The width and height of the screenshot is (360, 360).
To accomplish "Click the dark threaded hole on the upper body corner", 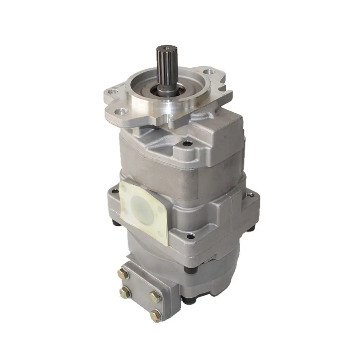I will [x=185, y=144].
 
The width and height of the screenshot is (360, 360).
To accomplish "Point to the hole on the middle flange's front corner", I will [x=190, y=236].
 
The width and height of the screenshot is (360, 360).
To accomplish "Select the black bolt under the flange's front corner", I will [x=186, y=269].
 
